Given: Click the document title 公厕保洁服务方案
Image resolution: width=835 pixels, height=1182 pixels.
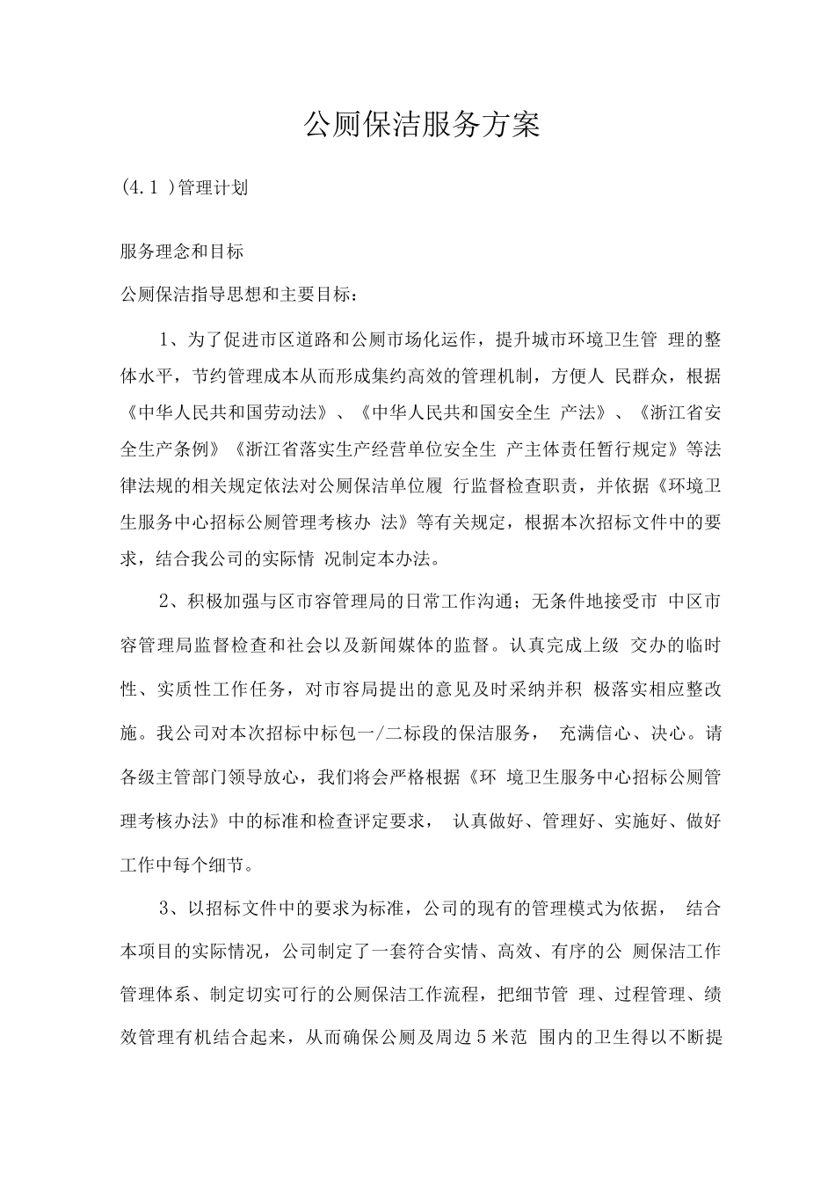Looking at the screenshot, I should click(x=421, y=125).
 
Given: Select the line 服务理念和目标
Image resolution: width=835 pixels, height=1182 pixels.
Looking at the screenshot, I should click(x=181, y=251).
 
